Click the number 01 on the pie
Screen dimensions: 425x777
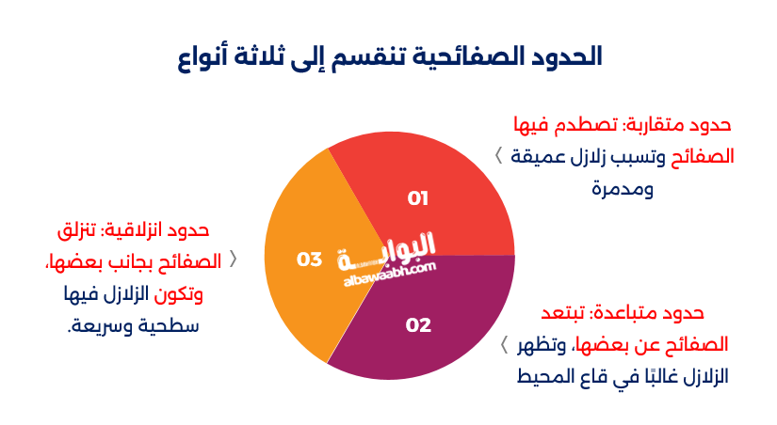[417, 198]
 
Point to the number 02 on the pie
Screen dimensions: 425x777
[417, 325]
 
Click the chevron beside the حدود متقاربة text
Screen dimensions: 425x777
[498, 156]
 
